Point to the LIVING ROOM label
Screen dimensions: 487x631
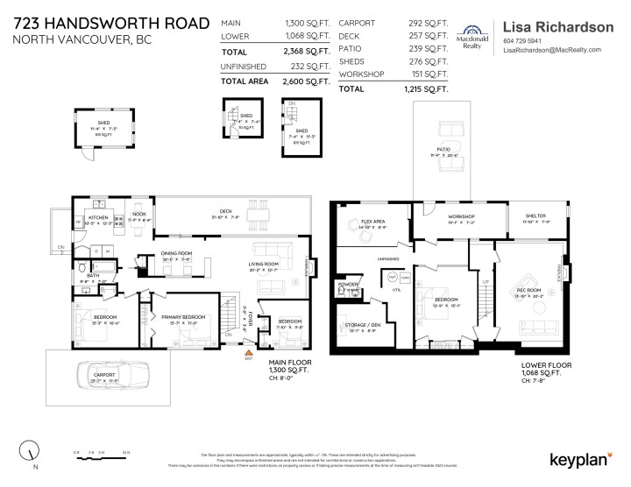[264, 264]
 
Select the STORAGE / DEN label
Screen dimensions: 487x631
[360, 327]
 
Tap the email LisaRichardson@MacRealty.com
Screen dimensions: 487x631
[552, 50]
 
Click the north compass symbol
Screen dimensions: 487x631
[33, 452]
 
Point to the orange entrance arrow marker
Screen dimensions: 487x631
[248, 352]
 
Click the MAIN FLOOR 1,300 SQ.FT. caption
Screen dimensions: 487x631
[289, 368]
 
